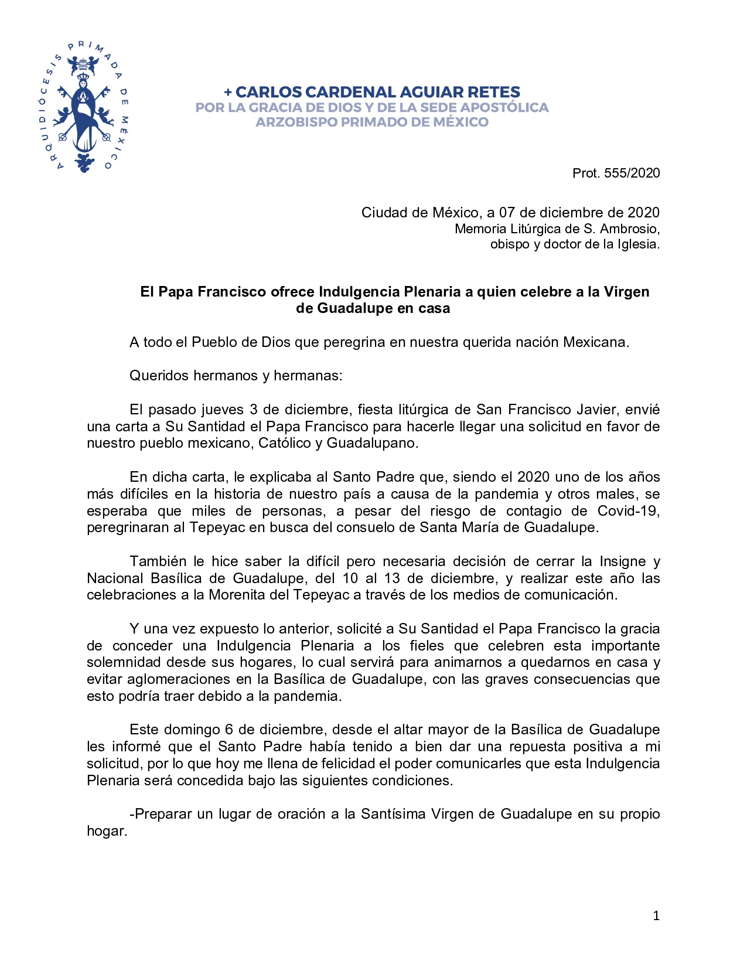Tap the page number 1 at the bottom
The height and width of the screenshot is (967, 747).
(x=656, y=916)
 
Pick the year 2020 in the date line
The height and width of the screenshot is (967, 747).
(x=643, y=213)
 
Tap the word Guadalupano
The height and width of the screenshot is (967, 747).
(x=372, y=443)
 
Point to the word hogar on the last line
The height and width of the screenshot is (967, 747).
(x=106, y=831)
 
